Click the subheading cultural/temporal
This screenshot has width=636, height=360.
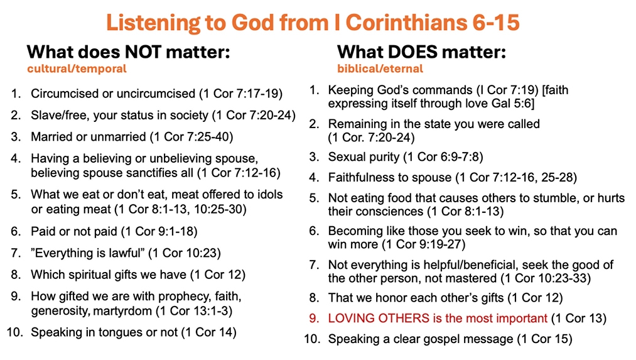[77, 68]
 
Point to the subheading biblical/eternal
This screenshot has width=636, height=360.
[380, 68]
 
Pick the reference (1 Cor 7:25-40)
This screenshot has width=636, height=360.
[191, 137]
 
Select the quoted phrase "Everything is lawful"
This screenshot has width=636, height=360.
[88, 253]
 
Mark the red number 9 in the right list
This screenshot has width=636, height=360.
[313, 318]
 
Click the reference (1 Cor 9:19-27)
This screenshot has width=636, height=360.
[423, 244]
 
